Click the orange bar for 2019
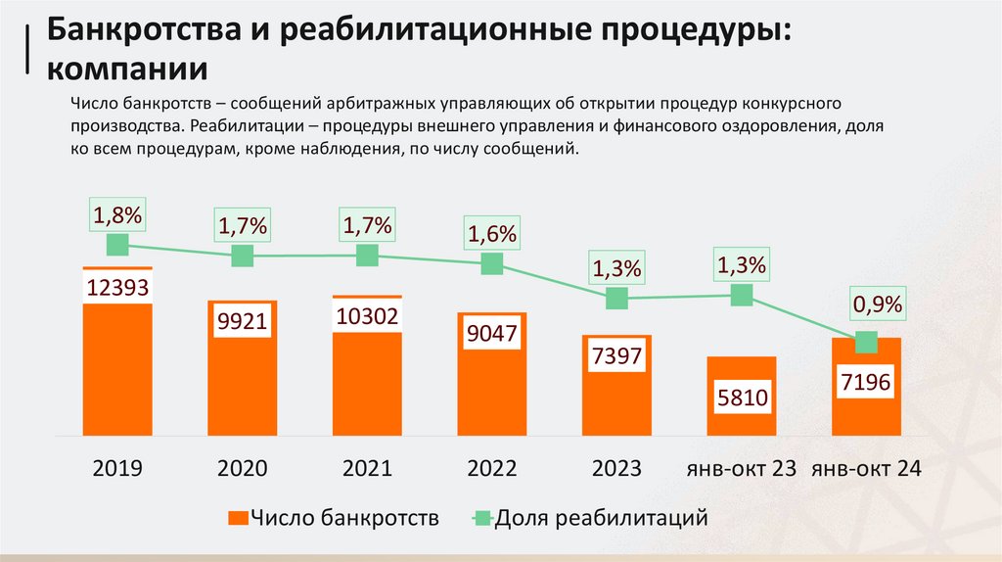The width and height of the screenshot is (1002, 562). point(117,372)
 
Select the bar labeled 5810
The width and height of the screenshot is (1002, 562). point(742,397)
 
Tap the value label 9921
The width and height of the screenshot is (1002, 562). point(243,322)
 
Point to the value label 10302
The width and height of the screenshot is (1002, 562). point(367,317)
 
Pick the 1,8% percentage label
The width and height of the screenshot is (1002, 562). point(118,212)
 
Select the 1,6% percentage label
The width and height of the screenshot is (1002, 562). point(492,235)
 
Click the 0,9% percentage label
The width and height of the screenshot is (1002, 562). point(877,305)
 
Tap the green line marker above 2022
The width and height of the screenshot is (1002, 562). point(492,263)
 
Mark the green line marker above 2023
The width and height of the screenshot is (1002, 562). point(616,299)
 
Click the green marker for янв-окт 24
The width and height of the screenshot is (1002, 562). point(866,342)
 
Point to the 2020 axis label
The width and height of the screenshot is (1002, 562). point(243,468)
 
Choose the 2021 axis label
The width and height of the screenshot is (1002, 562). point(367,468)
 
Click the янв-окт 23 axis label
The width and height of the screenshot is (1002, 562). point(742,468)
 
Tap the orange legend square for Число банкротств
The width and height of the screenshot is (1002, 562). point(237,517)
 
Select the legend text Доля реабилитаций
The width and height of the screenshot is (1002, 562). point(601,517)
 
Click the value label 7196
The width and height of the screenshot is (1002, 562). point(866,383)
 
